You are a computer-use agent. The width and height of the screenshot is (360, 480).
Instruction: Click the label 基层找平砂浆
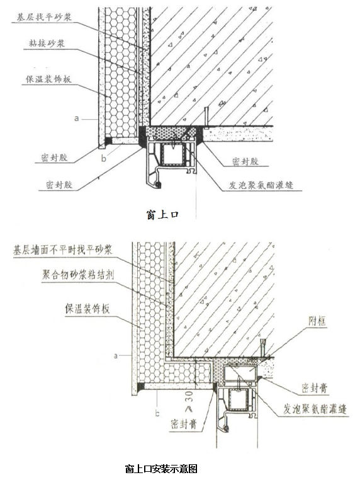[44, 16]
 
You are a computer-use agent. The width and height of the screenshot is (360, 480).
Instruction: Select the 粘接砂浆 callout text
[47, 43]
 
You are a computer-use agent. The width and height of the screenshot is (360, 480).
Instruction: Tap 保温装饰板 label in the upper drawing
[48, 79]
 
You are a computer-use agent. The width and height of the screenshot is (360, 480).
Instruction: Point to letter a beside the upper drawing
[76, 118]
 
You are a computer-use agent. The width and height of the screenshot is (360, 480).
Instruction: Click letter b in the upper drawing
[104, 158]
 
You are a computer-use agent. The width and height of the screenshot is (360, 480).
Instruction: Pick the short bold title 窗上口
[162, 214]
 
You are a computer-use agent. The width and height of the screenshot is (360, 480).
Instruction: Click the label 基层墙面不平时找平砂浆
[63, 249]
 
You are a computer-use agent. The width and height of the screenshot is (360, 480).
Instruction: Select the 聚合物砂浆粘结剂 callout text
[77, 275]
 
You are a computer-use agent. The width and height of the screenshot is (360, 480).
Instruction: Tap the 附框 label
[317, 321]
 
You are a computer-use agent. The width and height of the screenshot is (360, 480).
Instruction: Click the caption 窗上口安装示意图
[161, 469]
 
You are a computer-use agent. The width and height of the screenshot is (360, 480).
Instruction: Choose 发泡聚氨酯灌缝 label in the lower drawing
[315, 409]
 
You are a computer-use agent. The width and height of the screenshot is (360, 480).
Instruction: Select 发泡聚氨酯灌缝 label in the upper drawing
[261, 185]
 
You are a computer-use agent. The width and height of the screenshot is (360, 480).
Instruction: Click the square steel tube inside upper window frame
[172, 154]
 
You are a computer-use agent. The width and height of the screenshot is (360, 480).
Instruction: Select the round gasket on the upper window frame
[159, 185]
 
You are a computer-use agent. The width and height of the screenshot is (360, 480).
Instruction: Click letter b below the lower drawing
[157, 413]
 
